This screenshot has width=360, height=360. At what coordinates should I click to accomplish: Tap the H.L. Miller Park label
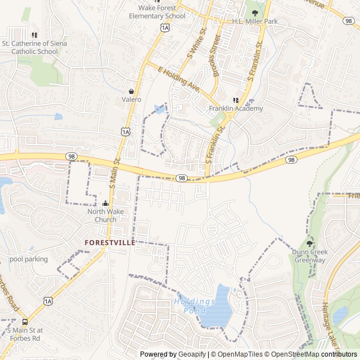click(x=255, y=21)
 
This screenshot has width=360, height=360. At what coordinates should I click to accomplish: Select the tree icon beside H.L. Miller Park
click(x=255, y=12)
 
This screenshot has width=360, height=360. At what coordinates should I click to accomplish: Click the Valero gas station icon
click(x=131, y=91)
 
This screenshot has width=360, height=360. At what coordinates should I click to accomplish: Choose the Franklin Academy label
click(x=236, y=109)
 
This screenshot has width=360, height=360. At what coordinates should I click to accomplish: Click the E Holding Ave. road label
click(x=179, y=80)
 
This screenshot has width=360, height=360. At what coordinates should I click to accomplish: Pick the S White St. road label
click(x=196, y=44)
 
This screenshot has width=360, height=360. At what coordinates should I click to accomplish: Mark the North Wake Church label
click(x=105, y=215)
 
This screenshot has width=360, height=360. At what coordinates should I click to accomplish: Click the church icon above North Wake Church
click(x=105, y=204)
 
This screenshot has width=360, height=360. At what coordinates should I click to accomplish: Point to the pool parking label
click(x=29, y=259)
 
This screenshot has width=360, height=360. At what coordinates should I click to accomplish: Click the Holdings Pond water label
click(x=195, y=305)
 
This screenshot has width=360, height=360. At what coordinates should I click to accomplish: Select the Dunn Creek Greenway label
click(x=309, y=256)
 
